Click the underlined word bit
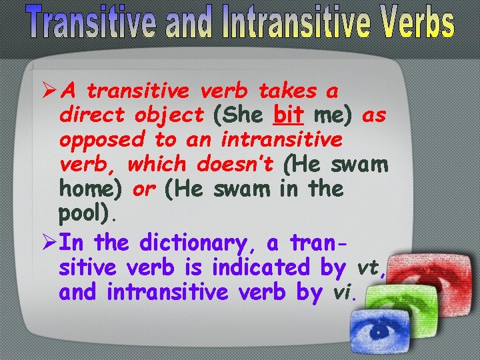click(289, 115)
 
